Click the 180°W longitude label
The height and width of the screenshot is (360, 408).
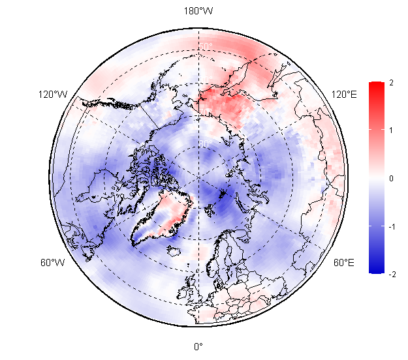(x=198, y=11)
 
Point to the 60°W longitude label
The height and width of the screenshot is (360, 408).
(x=52, y=263)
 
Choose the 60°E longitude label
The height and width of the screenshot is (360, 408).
(x=344, y=263)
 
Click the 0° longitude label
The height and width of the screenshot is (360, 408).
(x=198, y=346)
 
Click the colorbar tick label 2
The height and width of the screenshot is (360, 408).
(x=390, y=83)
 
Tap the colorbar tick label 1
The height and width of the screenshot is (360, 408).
(x=390, y=130)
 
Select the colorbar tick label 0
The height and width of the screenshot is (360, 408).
(x=390, y=178)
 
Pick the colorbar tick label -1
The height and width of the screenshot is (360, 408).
(x=390, y=226)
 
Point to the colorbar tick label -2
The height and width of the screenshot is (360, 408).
(x=390, y=275)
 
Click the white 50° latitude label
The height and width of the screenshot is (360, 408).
(x=205, y=46)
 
